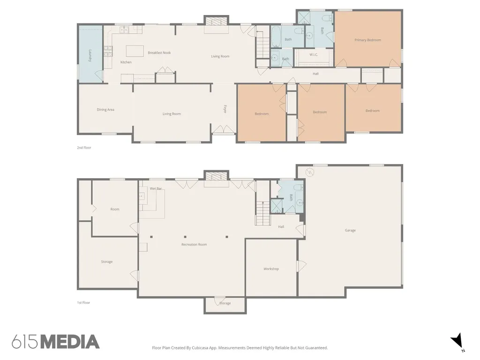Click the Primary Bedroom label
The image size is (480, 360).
pos(367,40)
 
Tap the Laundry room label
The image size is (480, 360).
pos(90,56)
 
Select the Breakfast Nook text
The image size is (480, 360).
pos(159,52)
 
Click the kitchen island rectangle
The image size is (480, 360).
pos(135,51)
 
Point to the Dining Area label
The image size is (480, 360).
pos(105,110)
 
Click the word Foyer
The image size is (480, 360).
pos(225,109)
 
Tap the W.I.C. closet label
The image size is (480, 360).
pos(314,55)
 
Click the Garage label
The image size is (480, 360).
pos(350,231)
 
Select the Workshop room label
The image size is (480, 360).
pos(271,269)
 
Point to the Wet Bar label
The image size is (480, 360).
pos(156,188)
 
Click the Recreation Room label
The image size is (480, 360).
pos(194,245)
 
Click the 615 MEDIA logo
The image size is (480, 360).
pos(56,342)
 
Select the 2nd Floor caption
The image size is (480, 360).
pos(84,148)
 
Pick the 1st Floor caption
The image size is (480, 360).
pos(83,303)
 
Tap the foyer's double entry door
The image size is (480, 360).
pos(224,129)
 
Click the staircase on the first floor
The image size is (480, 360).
pos(263,213)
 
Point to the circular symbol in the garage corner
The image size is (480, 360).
pos(310,172)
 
